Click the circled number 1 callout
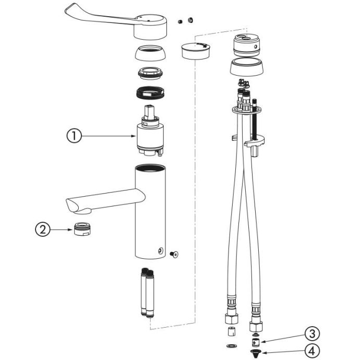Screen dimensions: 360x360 pyautogui.click(x=74, y=136)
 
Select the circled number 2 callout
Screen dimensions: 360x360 pyautogui.click(x=43, y=230)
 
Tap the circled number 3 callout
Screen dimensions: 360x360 pyautogui.click(x=312, y=334)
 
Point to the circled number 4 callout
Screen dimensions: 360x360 pyautogui.click(x=312, y=351)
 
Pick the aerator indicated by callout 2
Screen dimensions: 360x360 pyautogui.click(x=82, y=229)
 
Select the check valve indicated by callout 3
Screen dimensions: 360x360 pyautogui.click(x=255, y=342)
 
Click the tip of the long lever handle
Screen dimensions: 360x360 pyautogui.click(x=67, y=10)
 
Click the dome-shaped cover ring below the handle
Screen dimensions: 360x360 pyautogui.click(x=150, y=53)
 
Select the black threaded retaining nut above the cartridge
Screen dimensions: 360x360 pyautogui.click(x=151, y=93)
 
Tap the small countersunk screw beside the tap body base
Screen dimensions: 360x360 pyautogui.click(x=174, y=254)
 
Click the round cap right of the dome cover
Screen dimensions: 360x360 pyautogui.click(x=196, y=51)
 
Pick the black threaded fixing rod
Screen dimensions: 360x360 pyautogui.click(x=255, y=119)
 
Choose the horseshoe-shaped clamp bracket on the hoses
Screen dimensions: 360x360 pyautogui.click(x=255, y=142)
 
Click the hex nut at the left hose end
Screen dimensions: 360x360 pyautogui.click(x=232, y=319)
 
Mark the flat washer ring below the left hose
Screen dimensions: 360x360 pyautogui.click(x=231, y=345)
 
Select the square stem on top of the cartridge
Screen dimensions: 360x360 pyautogui.click(x=149, y=112)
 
